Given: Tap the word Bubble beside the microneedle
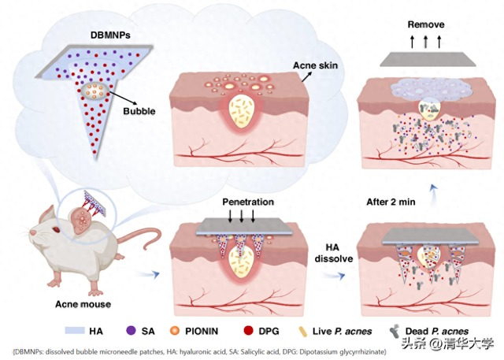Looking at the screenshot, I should pyautogui.click(x=140, y=110).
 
